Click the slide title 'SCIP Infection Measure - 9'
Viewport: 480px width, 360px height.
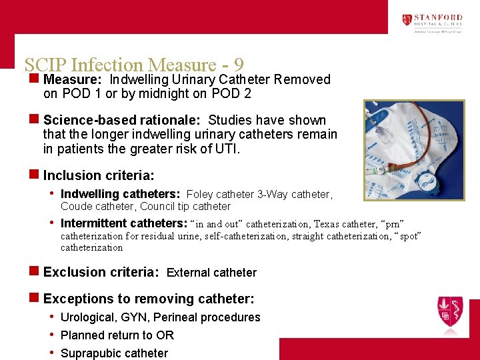133,65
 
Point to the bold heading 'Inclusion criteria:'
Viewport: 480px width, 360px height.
99,175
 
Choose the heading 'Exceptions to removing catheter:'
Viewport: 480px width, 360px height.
149,299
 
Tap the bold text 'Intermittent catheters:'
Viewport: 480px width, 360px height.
124,223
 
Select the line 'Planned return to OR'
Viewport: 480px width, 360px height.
117,335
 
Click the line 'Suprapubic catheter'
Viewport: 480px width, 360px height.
114,353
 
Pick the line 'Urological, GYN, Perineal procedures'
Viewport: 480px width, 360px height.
160,317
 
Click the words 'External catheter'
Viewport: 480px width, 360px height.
211,273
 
